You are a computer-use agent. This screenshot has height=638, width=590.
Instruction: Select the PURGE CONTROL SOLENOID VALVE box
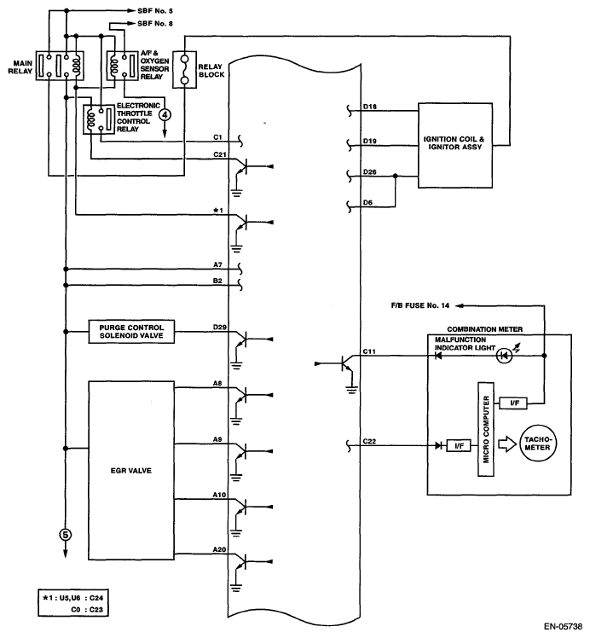pyautogui.click(x=132, y=331)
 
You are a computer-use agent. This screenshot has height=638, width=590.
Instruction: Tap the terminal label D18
pyautogui.click(x=370, y=107)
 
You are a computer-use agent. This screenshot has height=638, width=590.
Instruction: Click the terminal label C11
pyautogui.click(x=370, y=351)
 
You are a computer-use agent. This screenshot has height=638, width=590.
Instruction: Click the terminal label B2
pyautogui.click(x=218, y=280)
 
